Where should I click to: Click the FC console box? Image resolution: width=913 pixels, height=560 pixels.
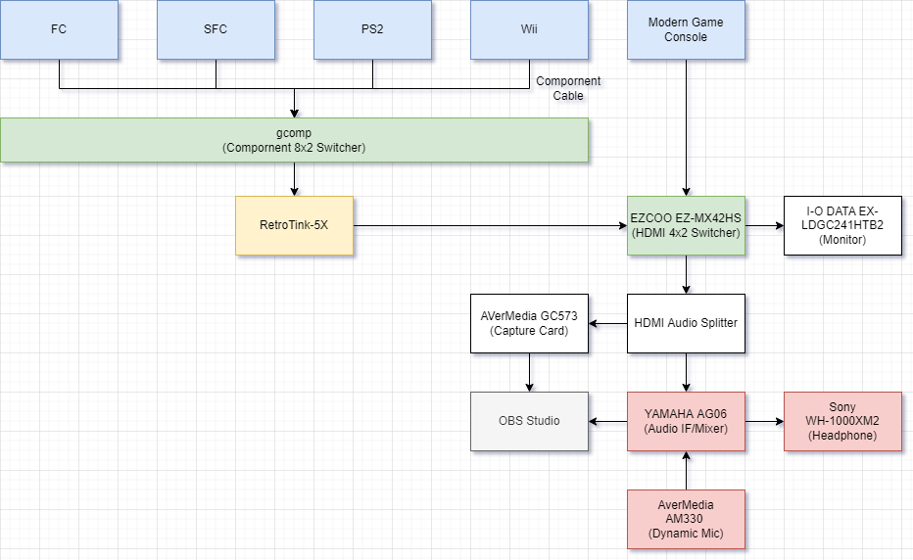tap(59, 29)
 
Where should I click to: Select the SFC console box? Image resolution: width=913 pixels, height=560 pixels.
tap(216, 29)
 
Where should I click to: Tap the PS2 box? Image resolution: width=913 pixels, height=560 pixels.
tap(372, 29)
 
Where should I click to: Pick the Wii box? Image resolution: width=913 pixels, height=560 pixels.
tap(529, 29)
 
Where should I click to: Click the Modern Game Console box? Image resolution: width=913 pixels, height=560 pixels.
tap(686, 29)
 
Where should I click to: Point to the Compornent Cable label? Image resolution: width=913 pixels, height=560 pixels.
tap(568, 88)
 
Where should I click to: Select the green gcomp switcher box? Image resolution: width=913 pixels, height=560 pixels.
tap(294, 140)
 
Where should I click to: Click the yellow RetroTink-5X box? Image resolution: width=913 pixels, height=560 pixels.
tap(294, 225)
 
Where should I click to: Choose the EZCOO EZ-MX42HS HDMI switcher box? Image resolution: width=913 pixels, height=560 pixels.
tap(686, 225)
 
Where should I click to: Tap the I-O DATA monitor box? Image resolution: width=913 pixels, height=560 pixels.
tap(842, 225)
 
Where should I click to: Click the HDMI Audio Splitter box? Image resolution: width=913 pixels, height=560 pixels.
tap(686, 323)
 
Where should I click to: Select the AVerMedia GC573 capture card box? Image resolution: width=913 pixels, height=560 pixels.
tap(529, 323)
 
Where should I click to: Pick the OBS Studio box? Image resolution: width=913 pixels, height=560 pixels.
tap(529, 421)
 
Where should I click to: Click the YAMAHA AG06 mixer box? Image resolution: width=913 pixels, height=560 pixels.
tap(686, 421)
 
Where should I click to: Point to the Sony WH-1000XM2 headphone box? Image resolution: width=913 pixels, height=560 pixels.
tap(842, 421)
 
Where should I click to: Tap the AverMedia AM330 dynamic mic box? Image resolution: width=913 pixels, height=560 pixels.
tap(686, 519)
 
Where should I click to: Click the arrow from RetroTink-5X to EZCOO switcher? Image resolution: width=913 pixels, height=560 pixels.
tap(490, 225)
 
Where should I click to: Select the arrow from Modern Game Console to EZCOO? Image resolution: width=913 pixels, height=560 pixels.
tap(686, 127)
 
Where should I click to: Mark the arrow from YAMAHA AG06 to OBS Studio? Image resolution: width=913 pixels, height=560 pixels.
tap(608, 421)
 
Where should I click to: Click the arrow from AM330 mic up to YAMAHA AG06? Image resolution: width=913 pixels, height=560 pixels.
tap(686, 470)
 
